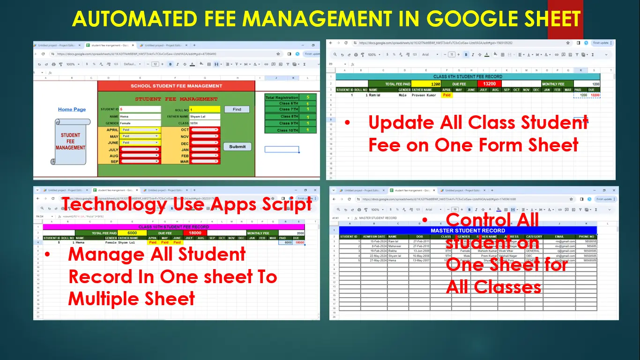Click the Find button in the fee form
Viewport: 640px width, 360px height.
pos(237,109)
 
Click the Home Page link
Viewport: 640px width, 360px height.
pos(72,109)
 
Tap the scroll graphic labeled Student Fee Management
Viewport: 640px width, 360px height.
pos(70,141)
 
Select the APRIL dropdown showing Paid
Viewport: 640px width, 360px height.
pos(140,130)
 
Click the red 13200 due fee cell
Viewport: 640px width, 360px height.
pos(489,84)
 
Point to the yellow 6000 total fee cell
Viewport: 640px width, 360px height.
pos(132,233)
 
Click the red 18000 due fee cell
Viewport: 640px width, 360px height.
pos(195,233)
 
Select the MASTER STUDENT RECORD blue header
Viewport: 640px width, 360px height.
pos(468,231)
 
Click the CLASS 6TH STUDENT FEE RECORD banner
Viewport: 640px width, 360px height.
pos(468,76)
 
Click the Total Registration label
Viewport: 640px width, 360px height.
pos(282,97)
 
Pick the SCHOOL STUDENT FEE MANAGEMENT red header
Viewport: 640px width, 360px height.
pos(176,86)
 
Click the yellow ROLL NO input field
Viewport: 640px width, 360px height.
pos(204,109)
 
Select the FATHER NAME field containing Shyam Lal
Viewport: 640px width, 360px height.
pos(204,116)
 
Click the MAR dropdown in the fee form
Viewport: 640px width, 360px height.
pos(205,162)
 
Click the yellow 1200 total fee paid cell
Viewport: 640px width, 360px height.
pos(426,84)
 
